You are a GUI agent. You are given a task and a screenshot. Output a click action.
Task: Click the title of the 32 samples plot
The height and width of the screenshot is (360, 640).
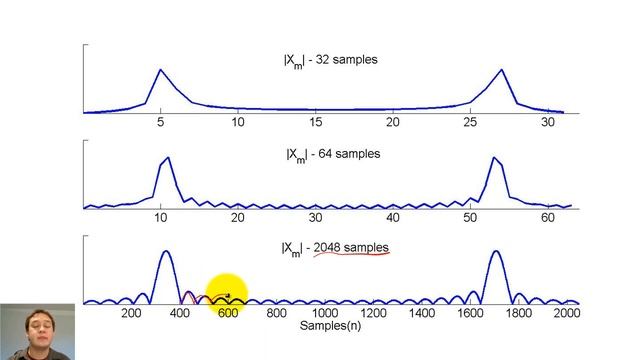(331, 61)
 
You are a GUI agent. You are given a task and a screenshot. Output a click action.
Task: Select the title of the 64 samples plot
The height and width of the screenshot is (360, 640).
(333, 155)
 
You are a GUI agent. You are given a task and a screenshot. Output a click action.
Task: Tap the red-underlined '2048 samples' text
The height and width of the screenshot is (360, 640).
(351, 247)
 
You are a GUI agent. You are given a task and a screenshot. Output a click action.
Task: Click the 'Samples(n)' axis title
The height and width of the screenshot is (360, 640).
(330, 326)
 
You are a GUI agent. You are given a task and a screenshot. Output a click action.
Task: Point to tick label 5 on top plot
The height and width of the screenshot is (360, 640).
(160, 122)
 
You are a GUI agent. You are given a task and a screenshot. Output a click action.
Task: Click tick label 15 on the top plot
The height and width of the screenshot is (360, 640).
(315, 122)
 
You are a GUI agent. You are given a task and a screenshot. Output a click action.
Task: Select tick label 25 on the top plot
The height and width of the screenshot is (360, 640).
(470, 122)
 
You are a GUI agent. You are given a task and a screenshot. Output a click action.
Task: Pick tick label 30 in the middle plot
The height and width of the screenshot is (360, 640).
(315, 218)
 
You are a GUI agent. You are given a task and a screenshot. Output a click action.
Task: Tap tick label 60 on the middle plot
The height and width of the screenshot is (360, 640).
(548, 218)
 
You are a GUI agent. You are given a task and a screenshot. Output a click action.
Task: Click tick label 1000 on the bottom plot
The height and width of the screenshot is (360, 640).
(325, 313)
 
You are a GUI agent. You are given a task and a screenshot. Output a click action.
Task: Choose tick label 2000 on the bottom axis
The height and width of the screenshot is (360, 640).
(567, 313)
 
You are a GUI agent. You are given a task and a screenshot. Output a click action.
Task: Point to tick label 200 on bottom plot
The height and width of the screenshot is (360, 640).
(131, 313)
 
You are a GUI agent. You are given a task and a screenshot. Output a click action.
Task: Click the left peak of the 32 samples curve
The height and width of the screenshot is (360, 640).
(160, 70)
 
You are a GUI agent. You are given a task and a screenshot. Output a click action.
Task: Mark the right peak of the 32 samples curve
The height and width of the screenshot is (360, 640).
(502, 70)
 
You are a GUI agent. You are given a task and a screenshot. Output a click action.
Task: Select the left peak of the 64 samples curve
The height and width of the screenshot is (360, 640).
(168, 158)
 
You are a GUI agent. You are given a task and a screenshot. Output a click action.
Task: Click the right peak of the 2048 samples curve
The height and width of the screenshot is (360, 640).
(496, 251)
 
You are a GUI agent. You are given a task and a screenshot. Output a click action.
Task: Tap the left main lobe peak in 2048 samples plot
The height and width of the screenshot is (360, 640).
(166, 251)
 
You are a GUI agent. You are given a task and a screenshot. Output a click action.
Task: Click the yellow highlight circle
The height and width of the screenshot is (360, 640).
(227, 294)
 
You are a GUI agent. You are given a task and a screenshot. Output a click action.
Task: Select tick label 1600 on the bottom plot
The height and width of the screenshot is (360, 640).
(470, 313)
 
